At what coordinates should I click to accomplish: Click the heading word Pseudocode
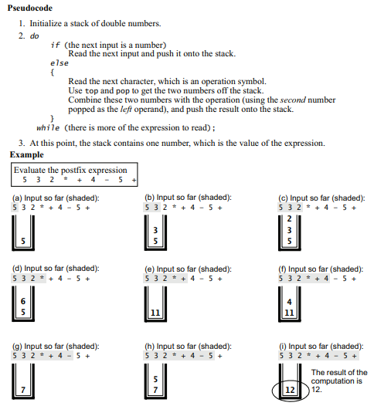(x=30, y=8)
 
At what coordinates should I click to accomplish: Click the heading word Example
(x=27, y=155)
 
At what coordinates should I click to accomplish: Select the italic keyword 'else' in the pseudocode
(x=59, y=63)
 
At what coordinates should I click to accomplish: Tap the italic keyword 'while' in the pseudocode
(x=48, y=128)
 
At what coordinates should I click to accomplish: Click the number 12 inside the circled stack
(x=290, y=390)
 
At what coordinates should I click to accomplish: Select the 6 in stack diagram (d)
(x=23, y=301)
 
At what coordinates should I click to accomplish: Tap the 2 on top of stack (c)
(x=289, y=218)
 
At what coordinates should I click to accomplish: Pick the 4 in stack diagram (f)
(x=289, y=302)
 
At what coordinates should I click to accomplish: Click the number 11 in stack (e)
(x=155, y=313)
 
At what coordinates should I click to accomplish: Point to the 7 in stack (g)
(x=23, y=390)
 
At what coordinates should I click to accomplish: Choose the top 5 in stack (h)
(x=155, y=379)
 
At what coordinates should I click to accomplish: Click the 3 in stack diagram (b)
(x=155, y=230)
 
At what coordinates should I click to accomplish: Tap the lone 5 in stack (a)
(x=23, y=241)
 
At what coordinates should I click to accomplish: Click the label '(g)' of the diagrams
(x=17, y=347)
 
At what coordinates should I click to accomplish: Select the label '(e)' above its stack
(x=150, y=269)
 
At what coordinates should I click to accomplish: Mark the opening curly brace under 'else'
(x=53, y=73)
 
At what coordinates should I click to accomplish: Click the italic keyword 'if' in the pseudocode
(x=55, y=46)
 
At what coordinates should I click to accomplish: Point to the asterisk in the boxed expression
(x=66, y=179)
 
